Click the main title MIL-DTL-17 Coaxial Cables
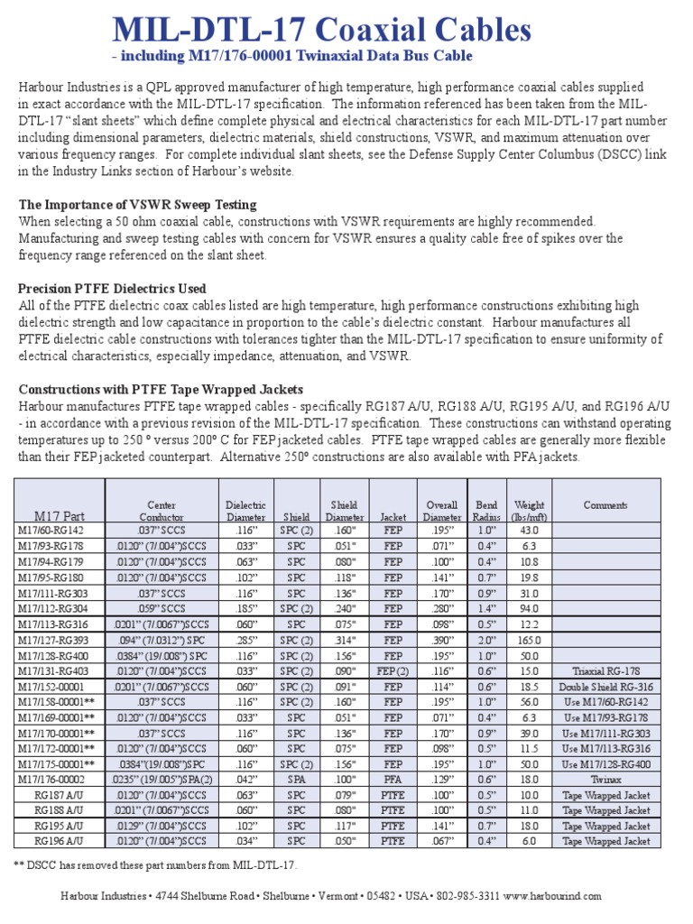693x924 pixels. point(321,31)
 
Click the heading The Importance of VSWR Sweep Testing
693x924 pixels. point(137,205)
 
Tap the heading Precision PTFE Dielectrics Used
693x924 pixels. point(112,289)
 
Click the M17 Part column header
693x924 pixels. point(60,516)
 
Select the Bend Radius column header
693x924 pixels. point(486,511)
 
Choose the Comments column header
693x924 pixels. point(605,505)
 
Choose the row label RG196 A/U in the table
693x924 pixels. point(60,841)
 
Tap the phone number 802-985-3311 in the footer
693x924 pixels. point(467,896)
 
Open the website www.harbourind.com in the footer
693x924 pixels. point(551,896)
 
